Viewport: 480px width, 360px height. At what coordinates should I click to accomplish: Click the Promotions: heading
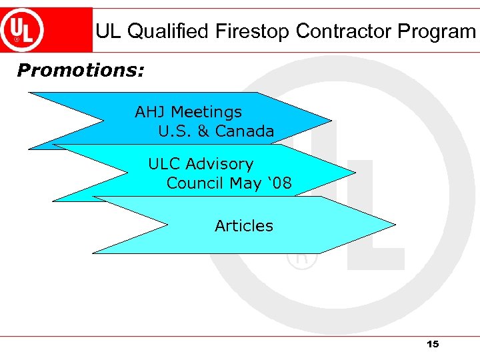pyautogui.click(x=81, y=70)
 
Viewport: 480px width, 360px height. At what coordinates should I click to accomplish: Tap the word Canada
pyautogui.click(x=245, y=131)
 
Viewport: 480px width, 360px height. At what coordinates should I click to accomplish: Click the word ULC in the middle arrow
pyautogui.click(x=164, y=164)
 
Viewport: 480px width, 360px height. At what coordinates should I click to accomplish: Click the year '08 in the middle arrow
pyautogui.click(x=280, y=183)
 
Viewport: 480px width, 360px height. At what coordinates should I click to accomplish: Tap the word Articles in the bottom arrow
pyautogui.click(x=244, y=226)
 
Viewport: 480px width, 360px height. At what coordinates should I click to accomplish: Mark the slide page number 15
pyautogui.click(x=432, y=344)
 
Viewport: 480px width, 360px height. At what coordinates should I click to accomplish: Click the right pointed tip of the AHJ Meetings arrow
pyautogui.click(x=329, y=121)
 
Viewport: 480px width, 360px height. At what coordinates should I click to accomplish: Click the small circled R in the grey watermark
pyautogui.click(x=301, y=258)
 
